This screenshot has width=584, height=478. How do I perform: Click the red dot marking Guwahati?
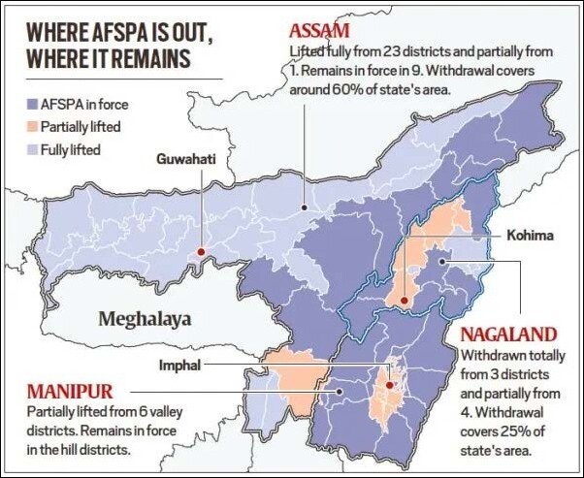[x=201, y=252]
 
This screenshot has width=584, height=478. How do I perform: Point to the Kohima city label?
[x=530, y=235]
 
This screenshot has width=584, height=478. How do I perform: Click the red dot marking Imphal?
[x=389, y=385]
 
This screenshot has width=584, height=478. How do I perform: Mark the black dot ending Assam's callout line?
[x=305, y=207]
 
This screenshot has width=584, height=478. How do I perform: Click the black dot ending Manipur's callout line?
[x=339, y=392]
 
